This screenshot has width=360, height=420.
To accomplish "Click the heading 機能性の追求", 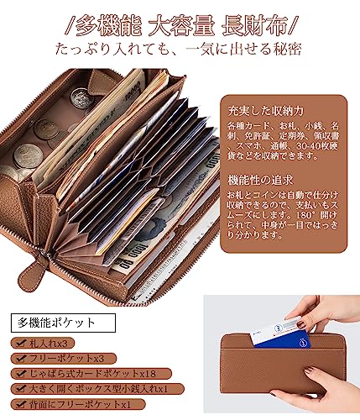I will click(257, 181).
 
